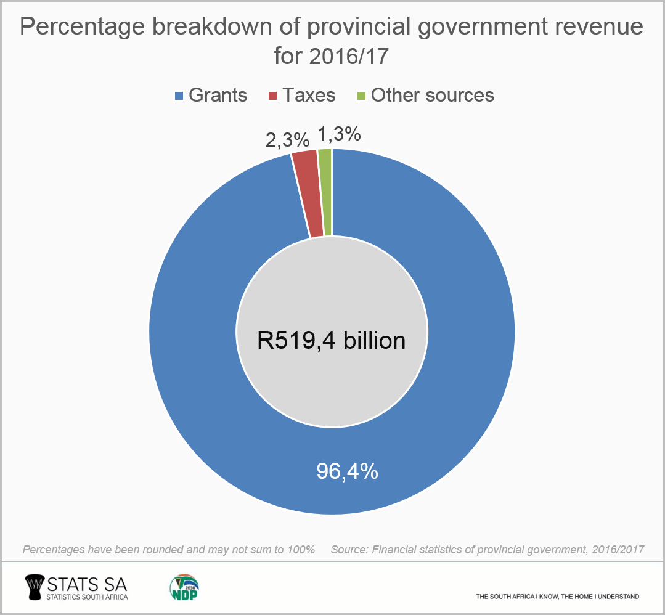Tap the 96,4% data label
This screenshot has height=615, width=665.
[347, 471]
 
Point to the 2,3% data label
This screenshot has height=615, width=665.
[287, 140]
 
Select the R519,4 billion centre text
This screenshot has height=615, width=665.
[332, 340]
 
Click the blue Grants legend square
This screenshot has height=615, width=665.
[179, 96]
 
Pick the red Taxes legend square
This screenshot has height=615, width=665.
[272, 96]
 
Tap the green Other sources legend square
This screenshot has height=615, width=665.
[362, 96]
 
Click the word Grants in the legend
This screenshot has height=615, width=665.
[218, 96]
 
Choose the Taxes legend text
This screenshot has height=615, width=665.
[309, 96]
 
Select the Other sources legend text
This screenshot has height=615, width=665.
[432, 96]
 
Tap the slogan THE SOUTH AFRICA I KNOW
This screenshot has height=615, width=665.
[557, 597]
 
